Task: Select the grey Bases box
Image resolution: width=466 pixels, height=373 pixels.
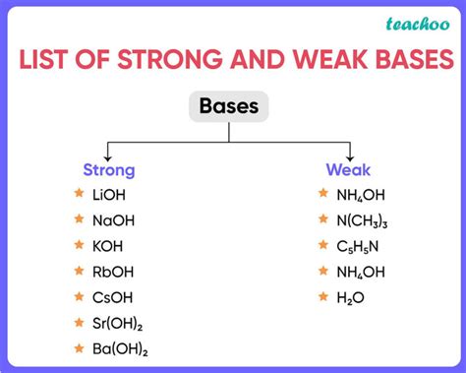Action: pyautogui.click(x=229, y=106)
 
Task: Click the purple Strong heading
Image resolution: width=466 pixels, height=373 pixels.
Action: pyautogui.click(x=109, y=170)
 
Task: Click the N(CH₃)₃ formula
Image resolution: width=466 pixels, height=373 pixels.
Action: pyautogui.click(x=362, y=221)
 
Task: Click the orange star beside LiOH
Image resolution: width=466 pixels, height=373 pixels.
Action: pyautogui.click(x=79, y=195)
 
